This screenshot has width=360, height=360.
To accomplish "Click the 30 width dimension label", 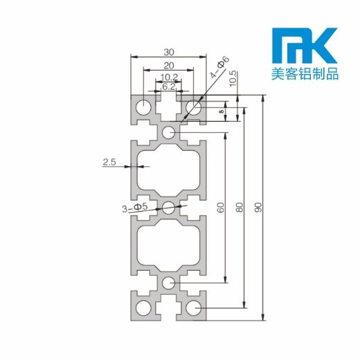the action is click(x=169, y=53).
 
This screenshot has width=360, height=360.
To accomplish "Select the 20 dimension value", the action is click(x=169, y=66).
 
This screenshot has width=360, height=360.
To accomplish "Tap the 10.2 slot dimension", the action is click(x=169, y=77).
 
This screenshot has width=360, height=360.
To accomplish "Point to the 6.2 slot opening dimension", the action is click(x=169, y=87).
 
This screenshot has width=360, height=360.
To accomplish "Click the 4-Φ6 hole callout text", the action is click(x=219, y=66).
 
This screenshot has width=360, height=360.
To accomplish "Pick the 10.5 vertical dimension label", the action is click(x=233, y=79).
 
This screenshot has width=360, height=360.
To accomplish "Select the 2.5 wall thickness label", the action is click(x=109, y=162).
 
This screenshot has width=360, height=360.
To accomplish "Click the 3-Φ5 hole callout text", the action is click(x=134, y=208).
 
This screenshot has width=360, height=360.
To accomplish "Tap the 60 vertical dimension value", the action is click(x=221, y=208).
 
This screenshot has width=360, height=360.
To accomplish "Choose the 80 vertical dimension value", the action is click(x=240, y=207).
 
